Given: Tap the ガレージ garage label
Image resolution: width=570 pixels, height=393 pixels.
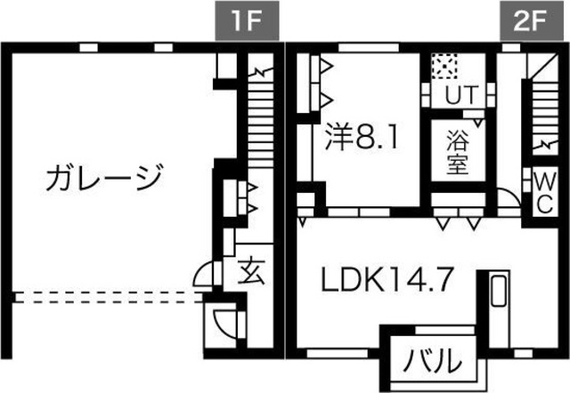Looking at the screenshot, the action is [x=104, y=178].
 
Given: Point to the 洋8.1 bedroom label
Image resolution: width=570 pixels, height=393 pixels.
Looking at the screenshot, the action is [x=360, y=139].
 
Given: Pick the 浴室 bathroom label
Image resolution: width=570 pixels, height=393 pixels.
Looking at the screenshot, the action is [x=458, y=152].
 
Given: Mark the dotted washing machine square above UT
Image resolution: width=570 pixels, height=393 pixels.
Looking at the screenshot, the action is [x=444, y=66].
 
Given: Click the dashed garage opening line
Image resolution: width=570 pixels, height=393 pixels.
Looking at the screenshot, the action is [x=107, y=297].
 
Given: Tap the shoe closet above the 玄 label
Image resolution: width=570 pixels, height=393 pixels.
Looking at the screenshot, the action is [x=242, y=196].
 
